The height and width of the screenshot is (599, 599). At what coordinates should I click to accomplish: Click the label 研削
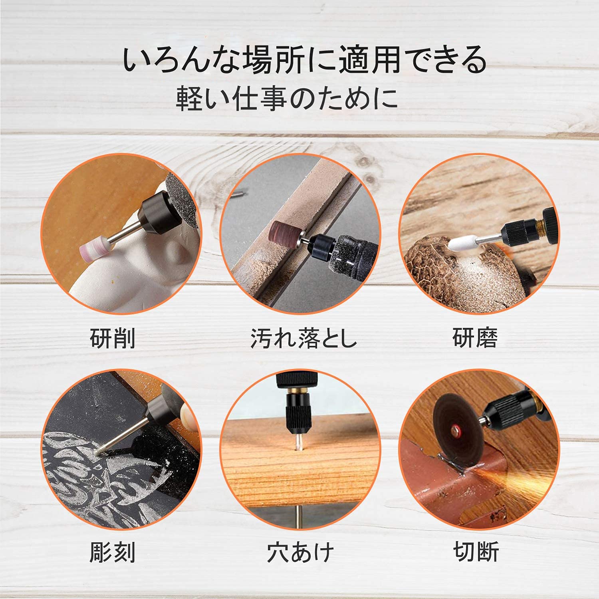click(x=113, y=339)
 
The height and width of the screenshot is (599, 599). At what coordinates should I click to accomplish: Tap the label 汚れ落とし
click(x=303, y=339)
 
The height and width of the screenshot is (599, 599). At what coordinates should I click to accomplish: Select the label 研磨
click(x=475, y=339)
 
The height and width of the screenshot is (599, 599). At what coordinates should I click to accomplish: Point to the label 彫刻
click(x=113, y=552)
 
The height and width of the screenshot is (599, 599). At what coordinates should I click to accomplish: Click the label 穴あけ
click(x=300, y=552)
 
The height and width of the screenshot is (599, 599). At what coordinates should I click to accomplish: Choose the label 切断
click(x=476, y=552)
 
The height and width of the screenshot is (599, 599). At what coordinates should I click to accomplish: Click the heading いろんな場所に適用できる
click(x=305, y=60)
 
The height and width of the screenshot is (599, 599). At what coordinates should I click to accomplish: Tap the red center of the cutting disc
click(x=455, y=432)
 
